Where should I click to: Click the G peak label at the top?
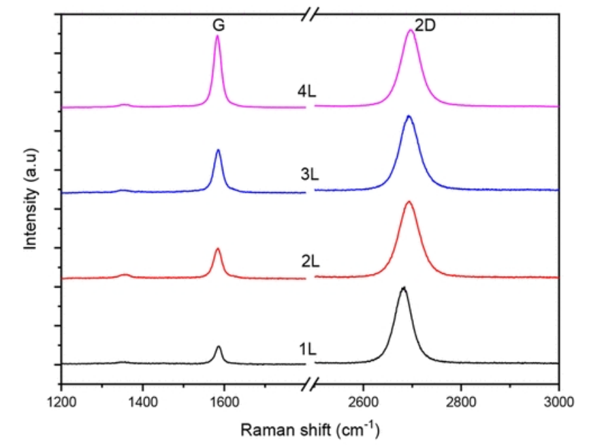217,25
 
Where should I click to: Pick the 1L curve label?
307,349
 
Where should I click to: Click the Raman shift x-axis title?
310,429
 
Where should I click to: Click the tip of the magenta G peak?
217,36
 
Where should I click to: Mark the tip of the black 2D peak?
403,288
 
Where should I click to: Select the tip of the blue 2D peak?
409,117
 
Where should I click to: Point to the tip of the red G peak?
218,249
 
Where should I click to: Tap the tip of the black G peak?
219,347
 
